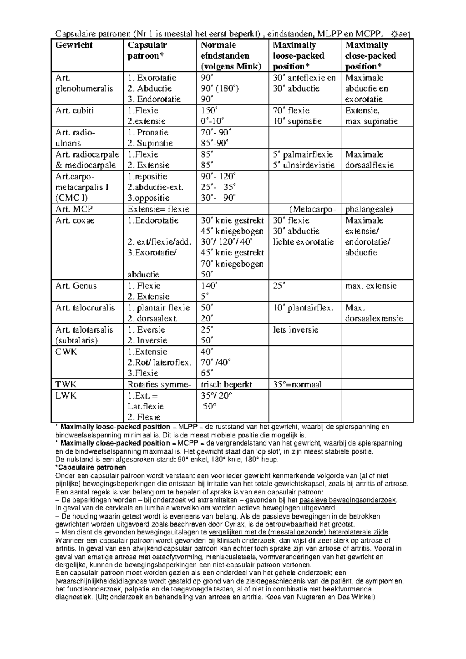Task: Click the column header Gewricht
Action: tap(74, 45)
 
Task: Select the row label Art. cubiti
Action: tap(74, 111)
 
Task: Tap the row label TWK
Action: tap(66, 385)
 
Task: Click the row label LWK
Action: tap(66, 396)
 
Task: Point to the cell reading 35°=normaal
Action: tap(297, 385)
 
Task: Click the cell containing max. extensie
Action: tap(371, 286)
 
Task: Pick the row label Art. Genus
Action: tap(76, 286)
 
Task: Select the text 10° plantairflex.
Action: tap(303, 308)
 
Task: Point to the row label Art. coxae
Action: tap(75, 221)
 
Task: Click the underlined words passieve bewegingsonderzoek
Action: tap(348, 500)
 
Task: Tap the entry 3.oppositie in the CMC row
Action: tap(149, 198)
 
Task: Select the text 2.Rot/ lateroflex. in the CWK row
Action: tap(160, 362)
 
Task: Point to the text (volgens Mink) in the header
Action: tap(231, 66)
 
